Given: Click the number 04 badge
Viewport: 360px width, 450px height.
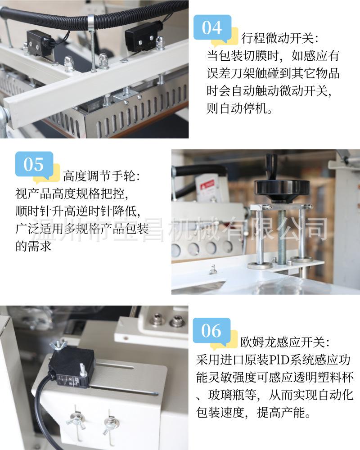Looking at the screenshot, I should point(212,28).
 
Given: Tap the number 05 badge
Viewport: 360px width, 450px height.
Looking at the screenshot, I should point(34,165).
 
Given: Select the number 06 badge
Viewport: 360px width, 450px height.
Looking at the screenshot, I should point(211,332).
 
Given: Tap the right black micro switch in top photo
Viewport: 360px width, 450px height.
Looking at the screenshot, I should point(139,36).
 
